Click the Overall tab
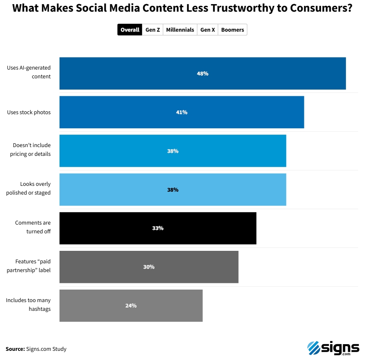point(130,30)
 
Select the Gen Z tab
point(152,30)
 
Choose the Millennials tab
point(180,30)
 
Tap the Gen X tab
point(207,30)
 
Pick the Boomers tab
point(232,30)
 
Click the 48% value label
point(202,73)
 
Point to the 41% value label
point(182,112)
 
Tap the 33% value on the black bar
point(158,228)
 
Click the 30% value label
point(149,267)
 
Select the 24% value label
point(131,305)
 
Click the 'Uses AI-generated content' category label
point(29,72)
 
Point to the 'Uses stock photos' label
point(29,112)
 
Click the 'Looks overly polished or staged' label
point(28,188)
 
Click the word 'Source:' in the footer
point(15,349)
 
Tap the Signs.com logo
point(333,347)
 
